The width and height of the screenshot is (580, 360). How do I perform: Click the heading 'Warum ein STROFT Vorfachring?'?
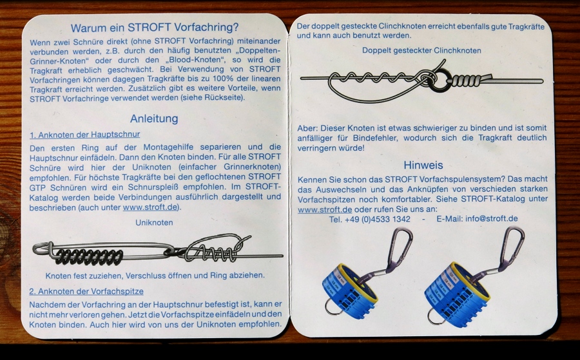(155, 28)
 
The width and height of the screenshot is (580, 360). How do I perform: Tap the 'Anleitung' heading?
(154, 118)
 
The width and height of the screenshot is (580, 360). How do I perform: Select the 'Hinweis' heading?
(423, 165)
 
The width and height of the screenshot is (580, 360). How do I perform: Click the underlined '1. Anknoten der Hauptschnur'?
(84, 135)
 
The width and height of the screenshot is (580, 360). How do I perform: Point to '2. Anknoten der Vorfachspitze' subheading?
(86, 291)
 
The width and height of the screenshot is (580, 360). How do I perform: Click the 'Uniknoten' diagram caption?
(154, 223)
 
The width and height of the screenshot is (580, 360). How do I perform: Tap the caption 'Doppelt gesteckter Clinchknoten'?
(421, 51)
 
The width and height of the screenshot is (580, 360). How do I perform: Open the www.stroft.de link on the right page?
(325, 209)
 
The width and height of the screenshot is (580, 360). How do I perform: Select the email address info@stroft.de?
(492, 218)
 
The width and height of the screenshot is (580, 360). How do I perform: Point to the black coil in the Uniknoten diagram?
(89, 257)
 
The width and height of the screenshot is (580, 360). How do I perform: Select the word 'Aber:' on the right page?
(307, 128)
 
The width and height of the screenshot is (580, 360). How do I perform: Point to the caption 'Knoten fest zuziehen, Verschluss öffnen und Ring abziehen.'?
(155, 276)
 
